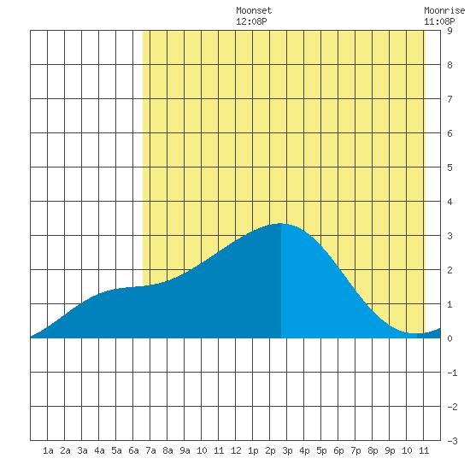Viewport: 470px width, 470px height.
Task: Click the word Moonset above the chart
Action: (254, 10)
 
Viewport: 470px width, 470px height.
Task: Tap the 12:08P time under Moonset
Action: (251, 21)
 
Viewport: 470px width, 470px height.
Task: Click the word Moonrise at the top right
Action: (444, 10)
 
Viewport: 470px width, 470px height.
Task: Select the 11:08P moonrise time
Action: (439, 21)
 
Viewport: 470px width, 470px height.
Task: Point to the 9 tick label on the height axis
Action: (449, 31)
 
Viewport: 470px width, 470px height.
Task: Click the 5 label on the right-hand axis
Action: (449, 167)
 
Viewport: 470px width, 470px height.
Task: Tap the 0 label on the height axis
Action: (449, 338)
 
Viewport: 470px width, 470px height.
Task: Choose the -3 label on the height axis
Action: (452, 441)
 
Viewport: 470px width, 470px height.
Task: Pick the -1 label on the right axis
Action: (452, 373)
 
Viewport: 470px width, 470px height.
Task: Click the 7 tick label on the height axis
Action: (449, 99)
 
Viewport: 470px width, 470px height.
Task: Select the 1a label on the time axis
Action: (48, 450)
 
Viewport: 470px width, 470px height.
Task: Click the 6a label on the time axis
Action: (133, 450)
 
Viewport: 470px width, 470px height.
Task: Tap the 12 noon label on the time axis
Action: (236, 450)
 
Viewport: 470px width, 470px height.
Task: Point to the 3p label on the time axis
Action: (287, 451)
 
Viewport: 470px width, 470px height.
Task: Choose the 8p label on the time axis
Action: (373, 451)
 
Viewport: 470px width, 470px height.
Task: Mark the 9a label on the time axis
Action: (185, 450)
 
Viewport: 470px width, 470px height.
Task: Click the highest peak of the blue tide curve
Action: (280, 223)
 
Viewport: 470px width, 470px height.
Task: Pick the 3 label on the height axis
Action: (449, 236)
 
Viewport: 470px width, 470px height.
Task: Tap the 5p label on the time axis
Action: (321, 451)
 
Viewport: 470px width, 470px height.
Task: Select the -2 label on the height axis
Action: (452, 407)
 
